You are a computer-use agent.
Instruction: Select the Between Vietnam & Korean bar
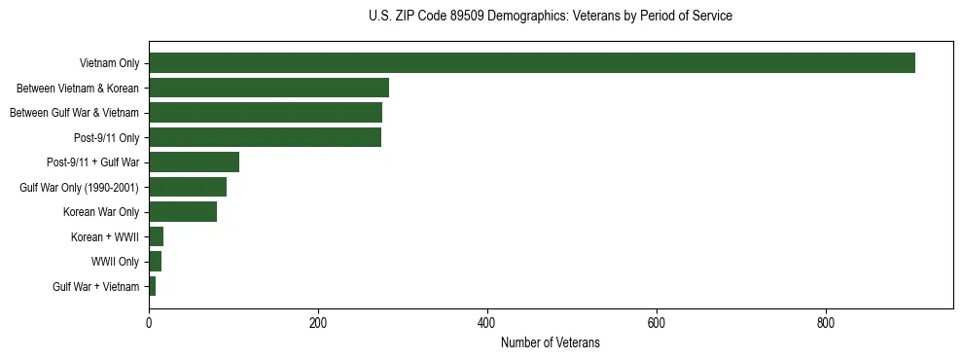[x=268, y=88]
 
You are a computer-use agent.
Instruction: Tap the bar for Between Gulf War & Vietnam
[x=266, y=113]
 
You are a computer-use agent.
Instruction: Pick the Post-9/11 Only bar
[x=265, y=137]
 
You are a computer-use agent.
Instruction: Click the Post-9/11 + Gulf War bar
[x=194, y=162]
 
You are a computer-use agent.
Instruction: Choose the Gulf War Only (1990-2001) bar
[x=188, y=187]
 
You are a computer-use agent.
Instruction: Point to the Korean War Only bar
[x=183, y=212]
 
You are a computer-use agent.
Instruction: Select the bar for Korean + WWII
[x=156, y=236]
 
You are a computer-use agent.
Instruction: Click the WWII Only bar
[x=155, y=262]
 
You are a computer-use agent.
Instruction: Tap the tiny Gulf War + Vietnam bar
[x=152, y=286]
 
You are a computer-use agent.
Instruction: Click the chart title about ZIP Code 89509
[x=551, y=17]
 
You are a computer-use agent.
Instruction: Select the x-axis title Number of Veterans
[x=551, y=343]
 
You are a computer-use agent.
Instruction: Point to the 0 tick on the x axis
[x=149, y=323]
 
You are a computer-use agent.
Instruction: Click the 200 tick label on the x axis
[x=318, y=323]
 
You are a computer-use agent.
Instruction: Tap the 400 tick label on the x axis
[x=487, y=323]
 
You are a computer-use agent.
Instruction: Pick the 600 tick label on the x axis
[x=657, y=323]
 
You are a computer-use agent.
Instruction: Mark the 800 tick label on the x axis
[x=826, y=323]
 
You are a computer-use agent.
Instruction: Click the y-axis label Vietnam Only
[x=109, y=64]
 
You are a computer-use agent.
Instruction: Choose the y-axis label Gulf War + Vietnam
[x=96, y=287]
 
